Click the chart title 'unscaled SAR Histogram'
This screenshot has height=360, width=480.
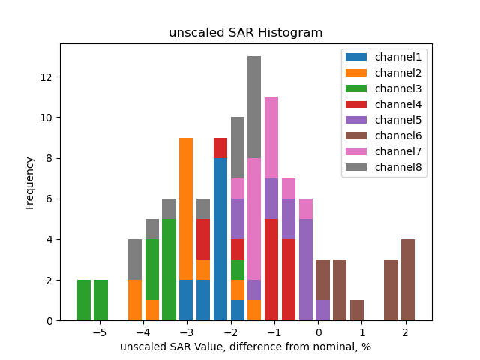(245, 33)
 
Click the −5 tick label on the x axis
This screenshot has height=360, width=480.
(100, 331)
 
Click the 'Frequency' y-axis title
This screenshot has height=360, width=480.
(30, 182)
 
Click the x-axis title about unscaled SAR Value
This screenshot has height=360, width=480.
(245, 346)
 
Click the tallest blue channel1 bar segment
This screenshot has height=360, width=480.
(220, 239)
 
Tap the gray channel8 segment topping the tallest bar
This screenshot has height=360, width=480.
(254, 107)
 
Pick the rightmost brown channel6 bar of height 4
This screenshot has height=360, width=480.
(407, 280)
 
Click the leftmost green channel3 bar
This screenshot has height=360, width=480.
(84, 300)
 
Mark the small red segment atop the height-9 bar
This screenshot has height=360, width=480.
(220, 148)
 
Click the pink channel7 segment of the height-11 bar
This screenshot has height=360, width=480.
(271, 137)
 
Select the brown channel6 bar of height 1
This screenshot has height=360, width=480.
(357, 310)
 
